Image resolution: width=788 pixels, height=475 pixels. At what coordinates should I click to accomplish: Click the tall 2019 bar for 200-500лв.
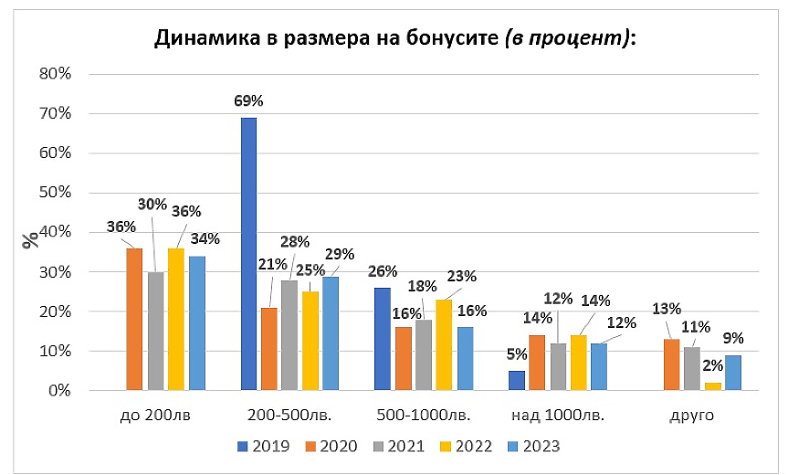[248, 254]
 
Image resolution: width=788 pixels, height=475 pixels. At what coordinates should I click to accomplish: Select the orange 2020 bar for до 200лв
[134, 319]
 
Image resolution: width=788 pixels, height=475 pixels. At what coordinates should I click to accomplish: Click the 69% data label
[248, 100]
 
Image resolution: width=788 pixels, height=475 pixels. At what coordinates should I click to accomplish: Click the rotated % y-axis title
[31, 239]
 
